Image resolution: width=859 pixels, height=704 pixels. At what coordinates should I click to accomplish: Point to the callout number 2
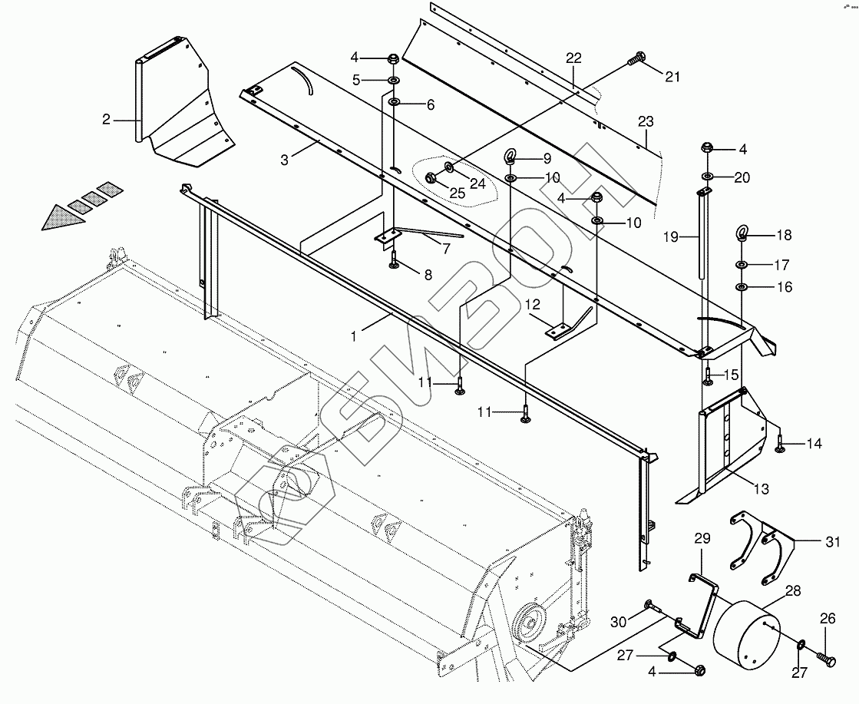(x=107, y=119)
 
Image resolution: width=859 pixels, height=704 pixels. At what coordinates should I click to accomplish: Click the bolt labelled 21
(x=636, y=58)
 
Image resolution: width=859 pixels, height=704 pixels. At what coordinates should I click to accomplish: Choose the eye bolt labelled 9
(x=510, y=158)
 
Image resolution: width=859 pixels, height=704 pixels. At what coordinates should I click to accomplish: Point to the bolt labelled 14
(x=781, y=445)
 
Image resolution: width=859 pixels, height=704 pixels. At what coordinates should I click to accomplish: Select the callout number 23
(x=646, y=121)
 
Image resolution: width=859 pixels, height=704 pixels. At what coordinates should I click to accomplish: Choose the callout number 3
(x=285, y=160)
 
